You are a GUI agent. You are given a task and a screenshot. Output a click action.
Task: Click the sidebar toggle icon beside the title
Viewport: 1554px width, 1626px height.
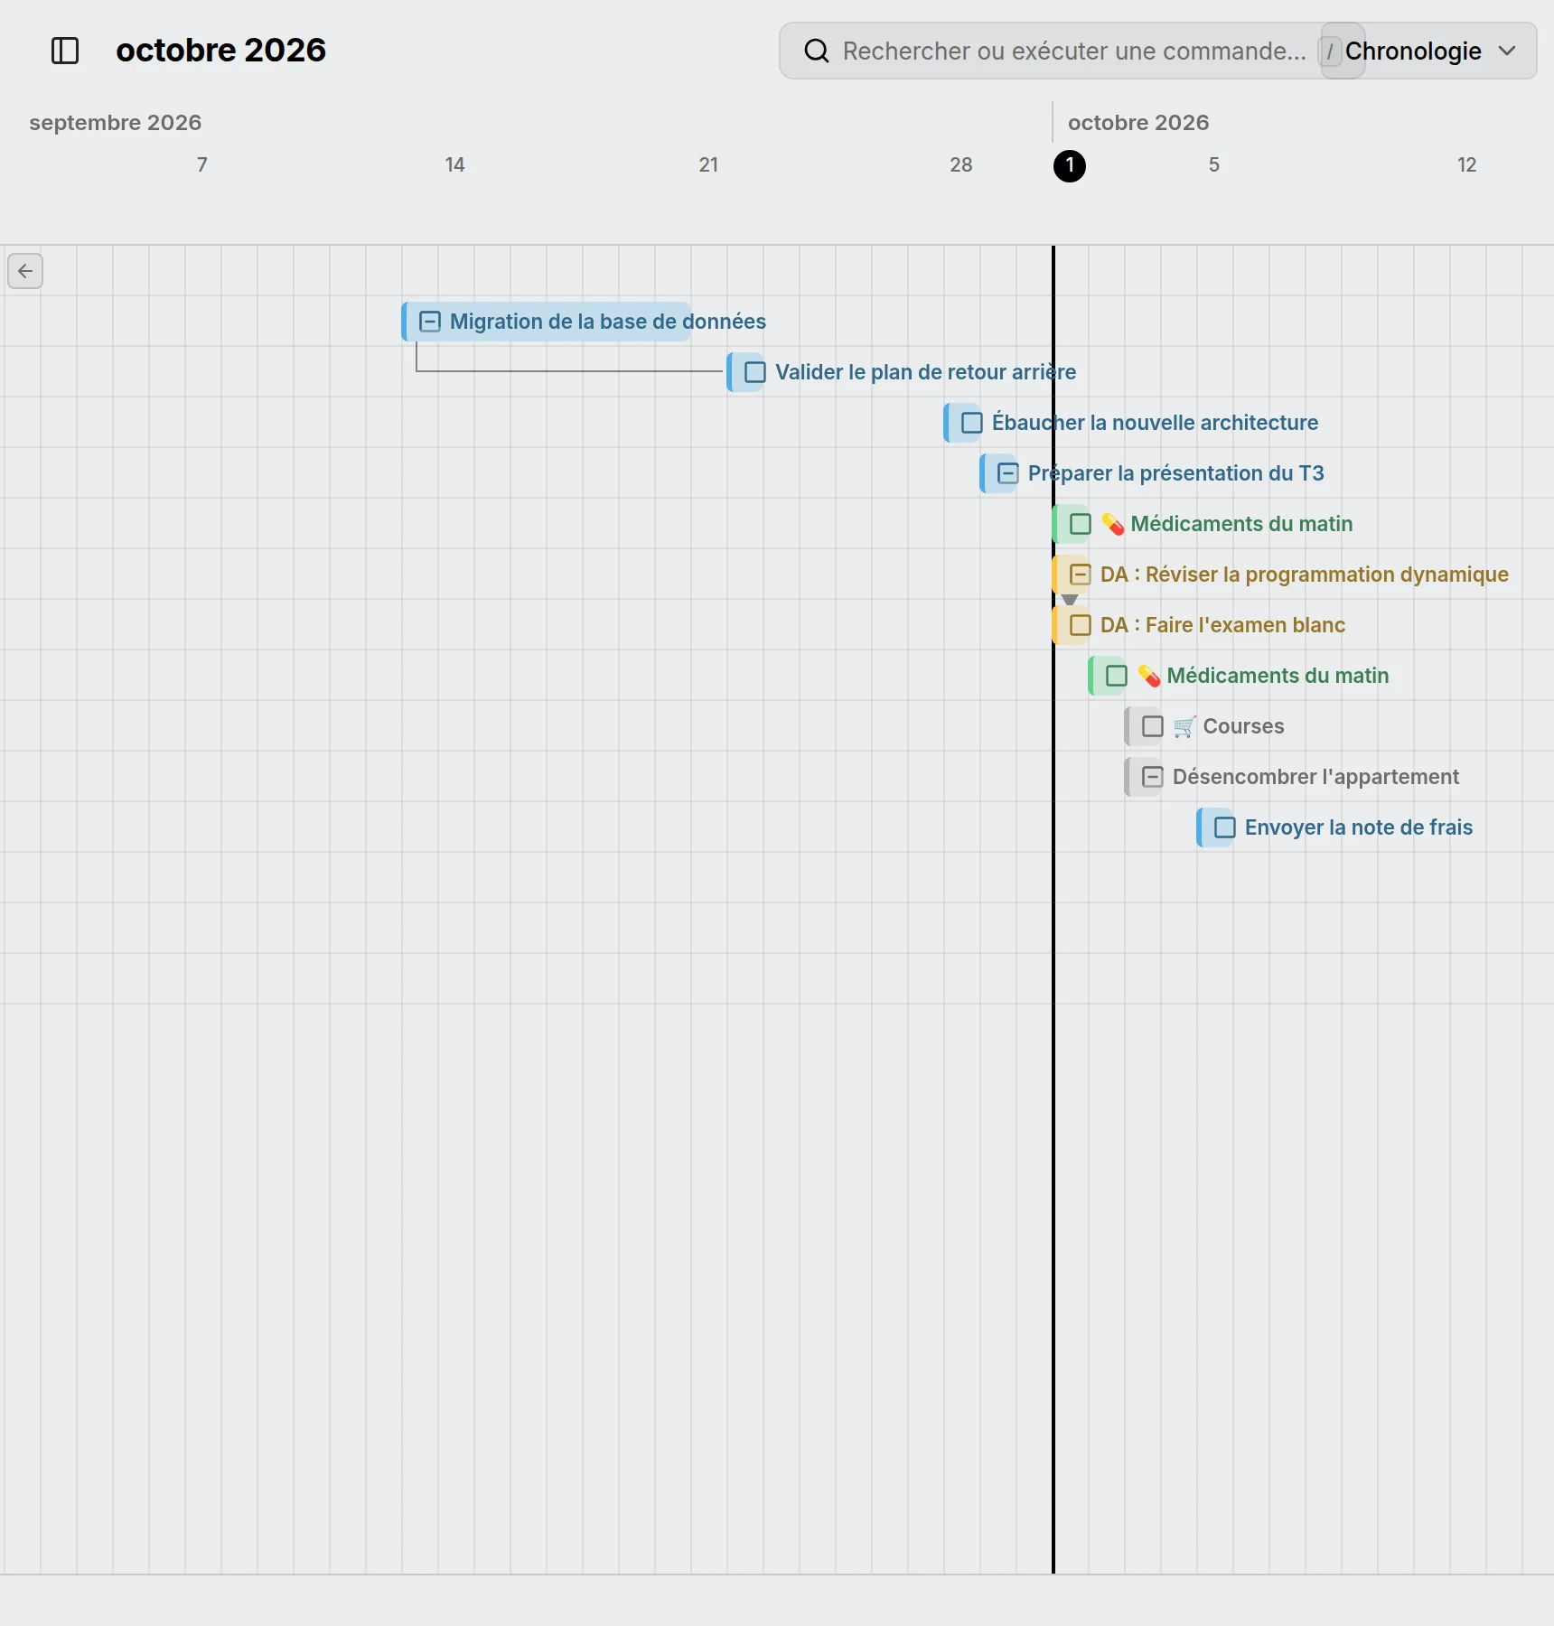pyautogui.click(x=65, y=51)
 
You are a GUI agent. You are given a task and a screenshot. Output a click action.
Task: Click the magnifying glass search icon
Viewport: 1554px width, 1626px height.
pyautogui.click(x=816, y=51)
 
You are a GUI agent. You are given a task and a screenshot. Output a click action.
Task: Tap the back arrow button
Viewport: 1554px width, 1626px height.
pyautogui.click(x=25, y=271)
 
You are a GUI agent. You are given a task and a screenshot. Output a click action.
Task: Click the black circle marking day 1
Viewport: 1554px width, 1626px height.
pyautogui.click(x=1070, y=165)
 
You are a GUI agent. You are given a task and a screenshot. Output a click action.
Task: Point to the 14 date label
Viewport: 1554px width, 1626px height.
pyautogui.click(x=454, y=164)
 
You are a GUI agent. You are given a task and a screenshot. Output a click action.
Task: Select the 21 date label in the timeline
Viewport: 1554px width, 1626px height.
pyautogui.click(x=708, y=164)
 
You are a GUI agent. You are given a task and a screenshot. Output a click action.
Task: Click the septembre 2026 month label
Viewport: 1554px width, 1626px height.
pyautogui.click(x=116, y=123)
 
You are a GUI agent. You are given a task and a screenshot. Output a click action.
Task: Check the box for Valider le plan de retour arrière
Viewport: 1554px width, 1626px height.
pyautogui.click(x=755, y=372)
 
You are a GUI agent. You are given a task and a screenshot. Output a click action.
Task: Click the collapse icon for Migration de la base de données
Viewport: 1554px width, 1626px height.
pyautogui.click(x=430, y=322)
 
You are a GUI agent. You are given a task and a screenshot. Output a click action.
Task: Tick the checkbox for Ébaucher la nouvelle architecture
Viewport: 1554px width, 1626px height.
pyautogui.click(x=972, y=423)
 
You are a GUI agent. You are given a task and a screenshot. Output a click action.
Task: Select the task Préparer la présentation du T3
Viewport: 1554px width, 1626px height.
pyautogui.click(x=1176, y=473)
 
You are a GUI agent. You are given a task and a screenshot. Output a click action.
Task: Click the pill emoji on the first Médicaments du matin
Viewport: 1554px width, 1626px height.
pyautogui.click(x=1113, y=524)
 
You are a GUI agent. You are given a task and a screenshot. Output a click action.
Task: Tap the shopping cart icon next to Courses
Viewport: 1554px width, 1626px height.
pyautogui.click(x=1184, y=726)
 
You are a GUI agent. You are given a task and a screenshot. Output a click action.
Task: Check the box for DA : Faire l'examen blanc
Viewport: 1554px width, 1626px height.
pyautogui.click(x=1081, y=625)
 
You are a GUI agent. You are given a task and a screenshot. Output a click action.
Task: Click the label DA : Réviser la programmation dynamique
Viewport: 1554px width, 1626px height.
pyautogui.click(x=1305, y=575)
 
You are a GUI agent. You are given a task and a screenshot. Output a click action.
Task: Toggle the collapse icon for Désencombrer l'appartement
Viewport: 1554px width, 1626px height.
pyautogui.click(x=1153, y=777)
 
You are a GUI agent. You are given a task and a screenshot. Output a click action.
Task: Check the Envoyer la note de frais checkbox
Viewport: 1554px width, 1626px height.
pyautogui.click(x=1225, y=827)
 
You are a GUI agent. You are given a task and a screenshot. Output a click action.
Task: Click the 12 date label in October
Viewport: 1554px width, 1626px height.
pyautogui.click(x=1466, y=164)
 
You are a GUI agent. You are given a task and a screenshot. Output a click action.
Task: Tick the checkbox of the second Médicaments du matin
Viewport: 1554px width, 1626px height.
pyautogui.click(x=1117, y=676)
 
